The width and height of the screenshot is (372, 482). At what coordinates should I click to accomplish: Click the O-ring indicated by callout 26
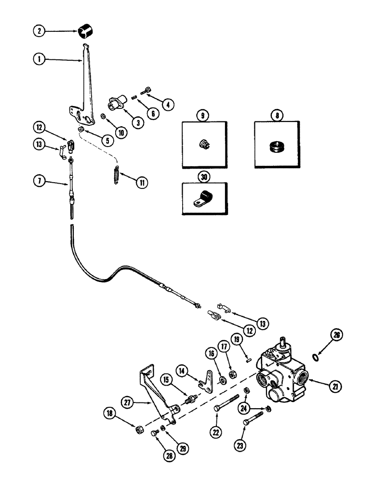[x=315, y=357]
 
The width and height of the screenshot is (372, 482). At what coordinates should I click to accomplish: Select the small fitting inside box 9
[x=204, y=143]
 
